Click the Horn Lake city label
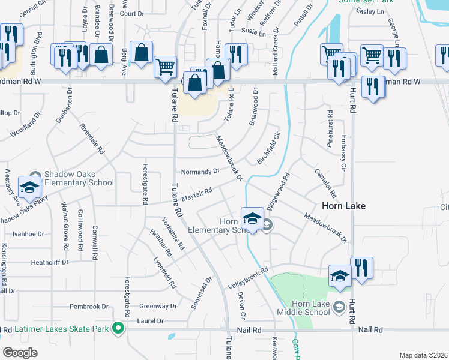coord(343,205)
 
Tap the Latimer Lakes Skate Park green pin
coord(118,328)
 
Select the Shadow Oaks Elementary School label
coord(78,178)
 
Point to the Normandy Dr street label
coord(200,171)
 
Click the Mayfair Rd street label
coord(197,194)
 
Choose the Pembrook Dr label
coord(89,307)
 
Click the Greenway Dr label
coord(158,306)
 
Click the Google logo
coord(20,353)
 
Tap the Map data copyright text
coord(424,355)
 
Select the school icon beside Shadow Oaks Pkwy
coord(29,188)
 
